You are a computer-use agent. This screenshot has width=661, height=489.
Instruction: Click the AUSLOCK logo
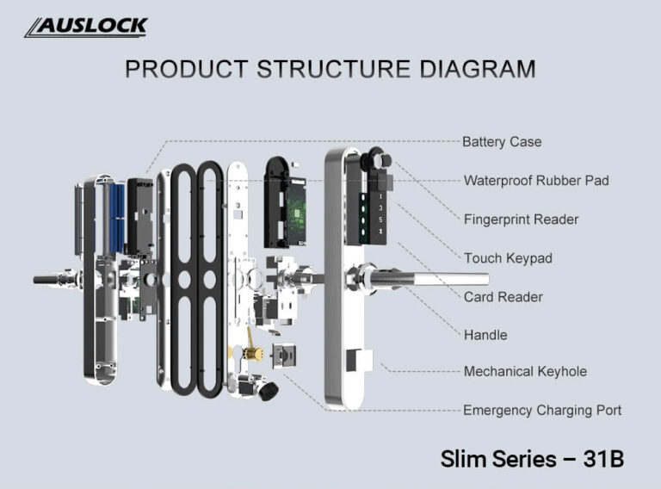click(x=85, y=27)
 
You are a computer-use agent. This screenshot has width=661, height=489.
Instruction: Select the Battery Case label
click(x=502, y=142)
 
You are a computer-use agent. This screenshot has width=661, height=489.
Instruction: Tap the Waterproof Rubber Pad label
click(x=535, y=181)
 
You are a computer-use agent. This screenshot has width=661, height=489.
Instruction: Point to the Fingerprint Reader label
click(x=521, y=220)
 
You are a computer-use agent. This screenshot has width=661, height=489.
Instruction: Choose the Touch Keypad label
click(x=508, y=258)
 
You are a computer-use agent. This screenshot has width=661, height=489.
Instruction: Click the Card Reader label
click(x=503, y=297)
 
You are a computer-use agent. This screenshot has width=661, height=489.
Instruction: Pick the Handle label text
click(x=485, y=335)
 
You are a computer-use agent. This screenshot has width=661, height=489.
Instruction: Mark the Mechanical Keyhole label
click(x=525, y=372)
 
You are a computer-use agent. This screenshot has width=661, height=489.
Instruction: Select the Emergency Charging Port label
click(x=541, y=411)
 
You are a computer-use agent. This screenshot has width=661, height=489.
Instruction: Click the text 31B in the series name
click(x=602, y=459)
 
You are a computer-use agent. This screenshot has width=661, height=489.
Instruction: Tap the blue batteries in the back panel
click(x=117, y=217)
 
